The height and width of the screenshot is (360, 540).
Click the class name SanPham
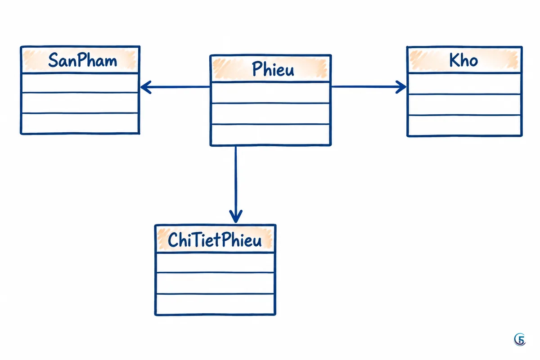(82, 60)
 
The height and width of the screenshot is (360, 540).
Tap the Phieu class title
(273, 69)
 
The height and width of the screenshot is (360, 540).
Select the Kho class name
(463, 60)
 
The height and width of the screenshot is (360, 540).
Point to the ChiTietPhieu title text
(215, 240)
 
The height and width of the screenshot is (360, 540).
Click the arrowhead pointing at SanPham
(145, 87)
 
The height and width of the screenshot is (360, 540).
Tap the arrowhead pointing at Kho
(401, 87)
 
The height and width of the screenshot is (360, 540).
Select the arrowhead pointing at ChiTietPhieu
(236, 216)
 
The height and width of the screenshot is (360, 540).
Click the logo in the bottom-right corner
(519, 339)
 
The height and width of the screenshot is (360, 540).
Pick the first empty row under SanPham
(80, 83)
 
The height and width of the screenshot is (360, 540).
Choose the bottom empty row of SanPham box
(80, 123)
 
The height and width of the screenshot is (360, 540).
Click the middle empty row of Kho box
(464, 105)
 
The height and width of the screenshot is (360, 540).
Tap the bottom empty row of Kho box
(464, 126)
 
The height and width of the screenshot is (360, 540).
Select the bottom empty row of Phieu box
(270, 135)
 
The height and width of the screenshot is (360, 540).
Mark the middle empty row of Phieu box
(270, 113)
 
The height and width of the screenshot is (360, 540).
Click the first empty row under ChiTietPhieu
(215, 263)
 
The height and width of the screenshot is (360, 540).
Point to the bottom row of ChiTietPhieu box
(215, 304)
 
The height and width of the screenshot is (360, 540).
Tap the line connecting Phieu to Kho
(369, 86)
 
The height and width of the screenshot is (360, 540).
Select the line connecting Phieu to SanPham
(175, 87)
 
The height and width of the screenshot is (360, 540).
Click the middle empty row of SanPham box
(80, 103)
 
